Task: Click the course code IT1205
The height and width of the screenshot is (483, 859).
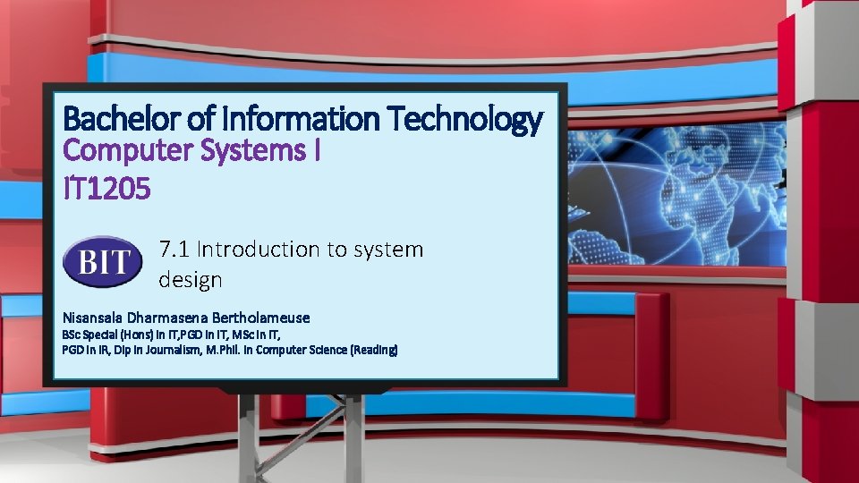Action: (106, 188)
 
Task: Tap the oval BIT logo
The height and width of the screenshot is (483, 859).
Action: (102, 263)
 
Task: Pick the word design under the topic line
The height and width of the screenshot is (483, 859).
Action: (190, 280)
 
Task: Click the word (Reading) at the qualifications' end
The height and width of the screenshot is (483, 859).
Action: (374, 349)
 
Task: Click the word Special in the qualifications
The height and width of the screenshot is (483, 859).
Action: (100, 335)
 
